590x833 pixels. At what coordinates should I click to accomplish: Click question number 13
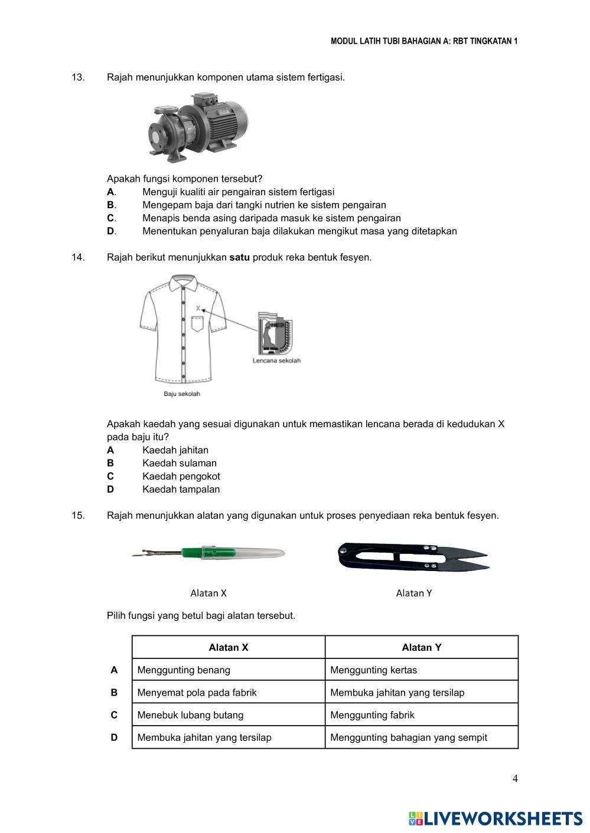78,77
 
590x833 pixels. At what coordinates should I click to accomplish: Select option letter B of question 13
110,205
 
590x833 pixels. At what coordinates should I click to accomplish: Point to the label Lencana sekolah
276,360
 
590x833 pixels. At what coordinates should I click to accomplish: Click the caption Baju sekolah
182,394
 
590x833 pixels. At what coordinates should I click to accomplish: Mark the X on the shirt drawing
198,308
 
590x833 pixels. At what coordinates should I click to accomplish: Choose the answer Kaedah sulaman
180,463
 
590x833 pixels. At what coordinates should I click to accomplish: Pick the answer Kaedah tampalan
181,489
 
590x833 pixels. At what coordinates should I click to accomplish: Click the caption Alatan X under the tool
208,593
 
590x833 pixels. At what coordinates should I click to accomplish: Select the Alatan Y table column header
422,647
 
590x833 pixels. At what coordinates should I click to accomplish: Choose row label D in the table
114,737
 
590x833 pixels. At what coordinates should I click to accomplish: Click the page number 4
515,779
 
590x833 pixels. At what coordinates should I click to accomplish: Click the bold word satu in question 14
239,257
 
